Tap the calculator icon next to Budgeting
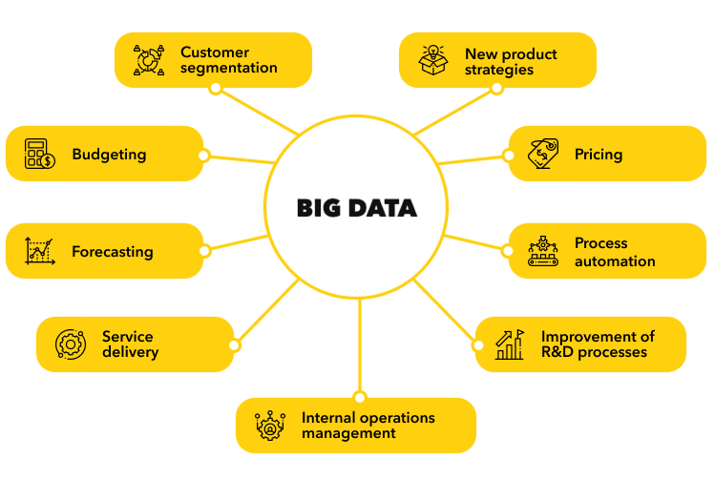[x=39, y=154]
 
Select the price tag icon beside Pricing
[x=543, y=154]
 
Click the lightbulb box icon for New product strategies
[x=433, y=59]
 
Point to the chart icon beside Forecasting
[x=39, y=251]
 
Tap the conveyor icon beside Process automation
[x=543, y=252]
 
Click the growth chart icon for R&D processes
[x=510, y=344]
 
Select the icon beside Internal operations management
[x=271, y=426]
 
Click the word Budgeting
[x=109, y=154]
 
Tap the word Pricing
[x=598, y=154]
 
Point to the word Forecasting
[x=112, y=252]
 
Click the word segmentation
[x=229, y=68]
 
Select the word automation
[x=615, y=260]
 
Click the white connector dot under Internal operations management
[x=359, y=397]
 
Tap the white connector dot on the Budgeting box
[x=203, y=156]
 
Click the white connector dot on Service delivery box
[x=234, y=344]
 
